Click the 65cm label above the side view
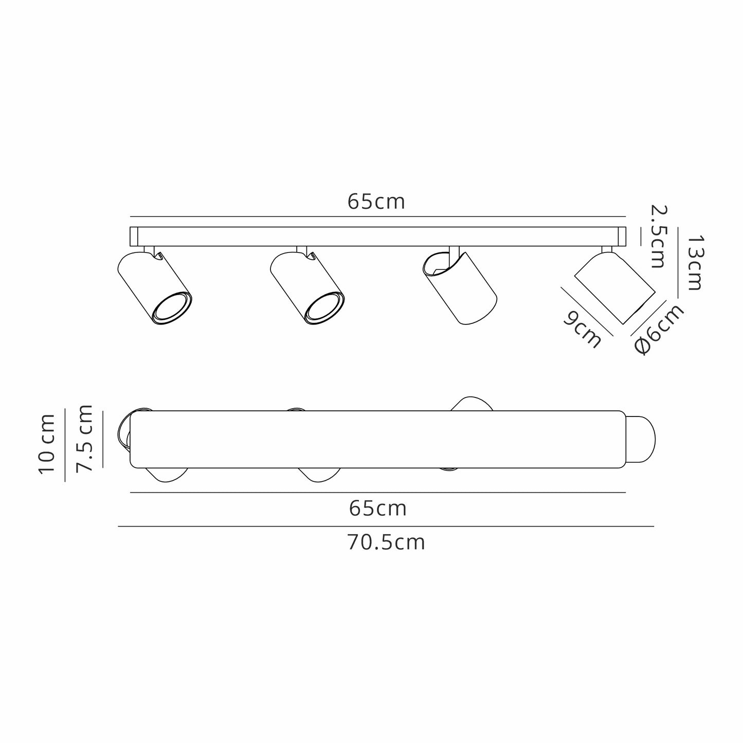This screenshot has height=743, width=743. pyautogui.click(x=376, y=202)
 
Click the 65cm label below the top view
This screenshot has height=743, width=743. pyautogui.click(x=377, y=509)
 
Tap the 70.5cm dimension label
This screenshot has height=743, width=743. pyautogui.click(x=386, y=542)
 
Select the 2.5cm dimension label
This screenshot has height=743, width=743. pyautogui.click(x=658, y=236)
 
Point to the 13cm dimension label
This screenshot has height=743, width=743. pyautogui.click(x=694, y=262)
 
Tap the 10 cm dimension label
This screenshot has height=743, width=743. pyautogui.click(x=47, y=443)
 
